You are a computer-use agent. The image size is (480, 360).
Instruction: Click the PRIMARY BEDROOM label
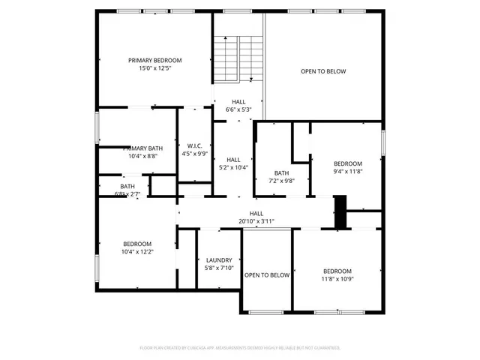[x=154, y=61]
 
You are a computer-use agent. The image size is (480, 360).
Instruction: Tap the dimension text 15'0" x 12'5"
[x=154, y=69]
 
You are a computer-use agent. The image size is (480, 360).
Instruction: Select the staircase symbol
[x=238, y=58]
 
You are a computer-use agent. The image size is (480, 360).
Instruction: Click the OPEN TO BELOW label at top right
[x=323, y=72]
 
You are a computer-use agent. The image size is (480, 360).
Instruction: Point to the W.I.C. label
[x=194, y=145]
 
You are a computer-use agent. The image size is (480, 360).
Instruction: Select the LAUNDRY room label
[x=219, y=259]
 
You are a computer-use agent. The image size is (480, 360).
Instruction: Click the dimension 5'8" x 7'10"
[x=219, y=268]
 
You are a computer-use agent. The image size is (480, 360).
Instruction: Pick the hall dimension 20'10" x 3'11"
[x=256, y=221]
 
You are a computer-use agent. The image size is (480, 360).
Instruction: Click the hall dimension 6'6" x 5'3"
[x=238, y=109]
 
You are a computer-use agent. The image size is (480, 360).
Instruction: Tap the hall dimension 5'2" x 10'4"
[x=233, y=167]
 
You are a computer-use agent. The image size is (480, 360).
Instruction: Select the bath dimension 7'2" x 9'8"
[x=281, y=181]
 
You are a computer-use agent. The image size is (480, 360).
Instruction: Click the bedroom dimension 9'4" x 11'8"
[x=347, y=172]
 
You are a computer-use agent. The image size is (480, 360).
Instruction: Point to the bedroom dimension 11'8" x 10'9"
[x=337, y=279]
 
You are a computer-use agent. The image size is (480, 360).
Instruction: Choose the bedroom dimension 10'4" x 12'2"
[x=137, y=252]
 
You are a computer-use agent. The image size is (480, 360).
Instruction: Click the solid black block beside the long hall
[x=340, y=211]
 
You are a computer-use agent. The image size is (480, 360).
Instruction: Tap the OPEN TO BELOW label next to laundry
[x=267, y=275]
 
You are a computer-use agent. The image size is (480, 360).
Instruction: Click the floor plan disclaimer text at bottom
[x=240, y=348]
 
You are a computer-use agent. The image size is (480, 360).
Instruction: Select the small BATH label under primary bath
[x=127, y=187]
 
